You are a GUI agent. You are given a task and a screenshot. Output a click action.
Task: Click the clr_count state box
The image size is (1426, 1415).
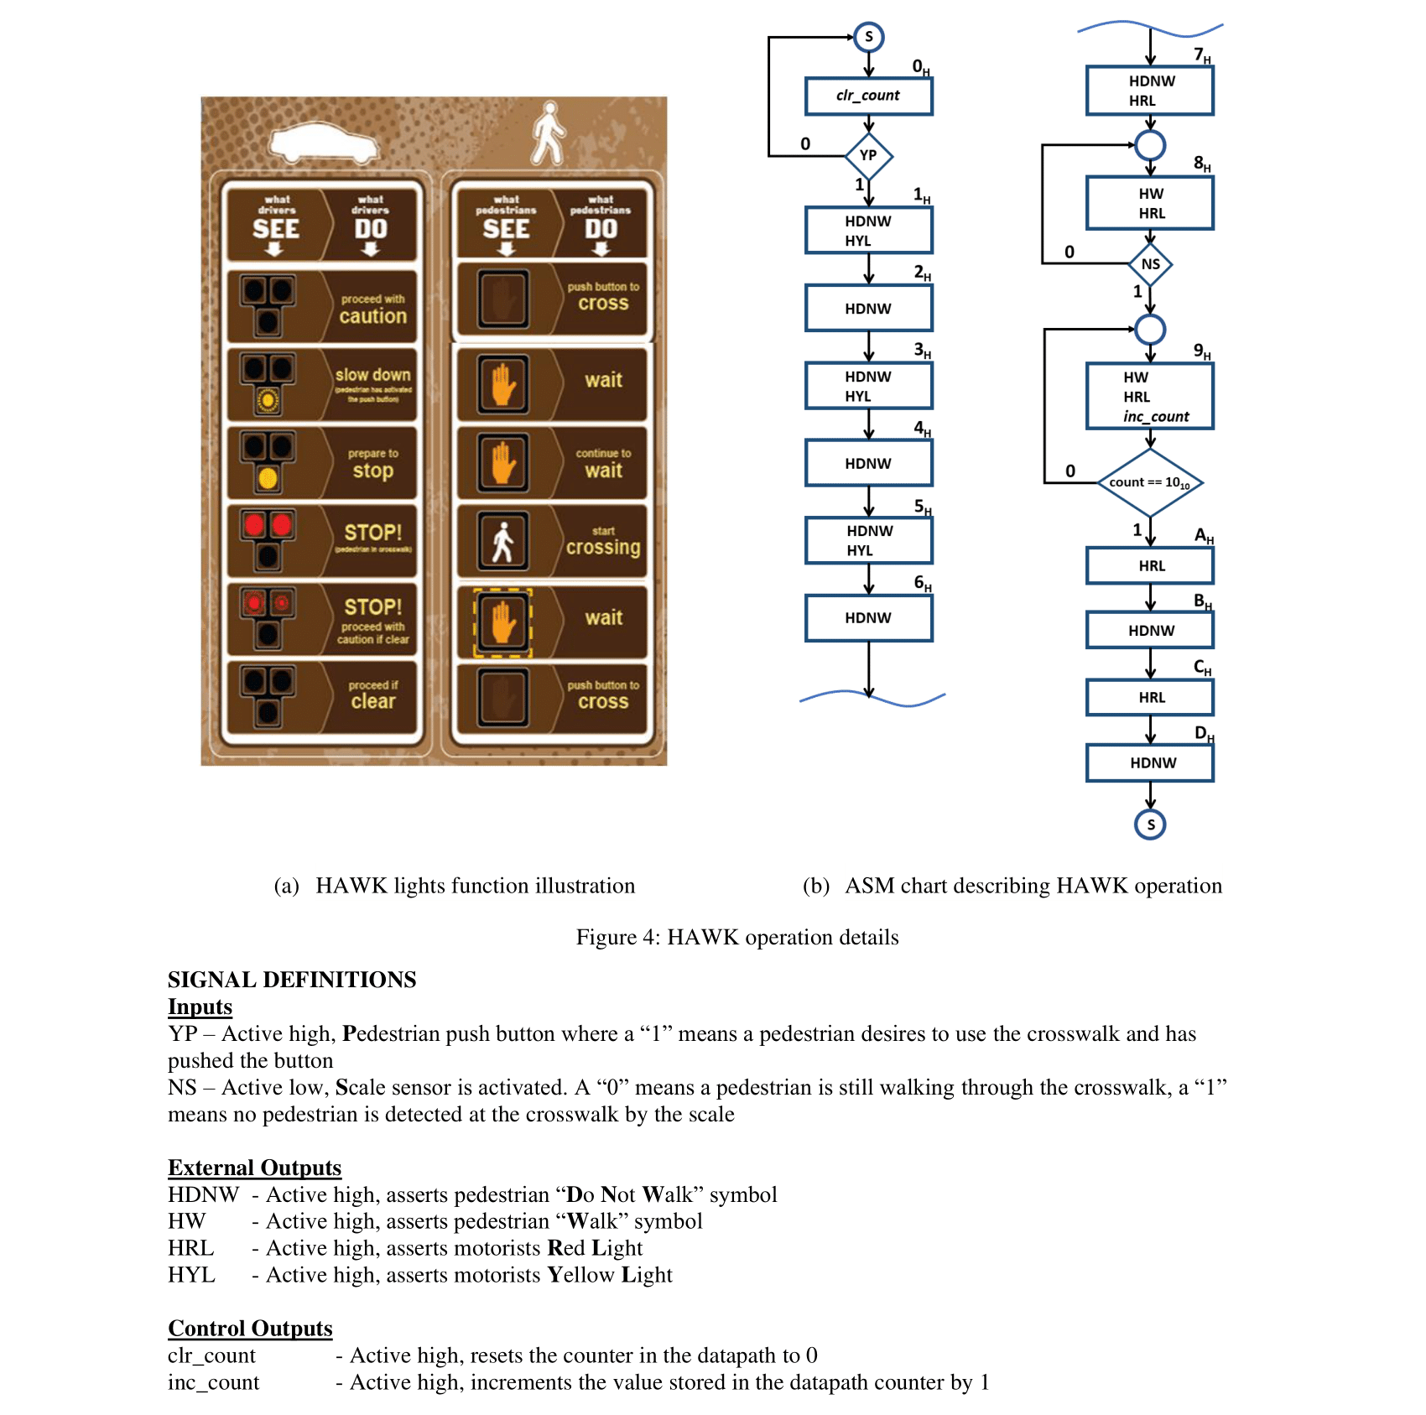868,96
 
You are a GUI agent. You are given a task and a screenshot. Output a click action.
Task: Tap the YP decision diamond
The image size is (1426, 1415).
868,156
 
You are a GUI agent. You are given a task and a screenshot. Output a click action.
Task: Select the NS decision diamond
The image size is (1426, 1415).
1150,264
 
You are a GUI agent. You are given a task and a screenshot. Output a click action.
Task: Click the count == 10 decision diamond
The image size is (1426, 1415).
1150,483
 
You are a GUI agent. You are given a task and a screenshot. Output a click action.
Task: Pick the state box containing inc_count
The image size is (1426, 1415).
1150,397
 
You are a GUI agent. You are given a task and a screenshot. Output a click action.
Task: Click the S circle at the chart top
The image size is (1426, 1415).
869,37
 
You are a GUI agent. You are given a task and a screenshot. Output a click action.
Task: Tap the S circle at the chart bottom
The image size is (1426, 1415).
1150,825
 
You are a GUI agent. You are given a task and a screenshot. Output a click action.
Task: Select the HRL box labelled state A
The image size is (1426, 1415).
1150,566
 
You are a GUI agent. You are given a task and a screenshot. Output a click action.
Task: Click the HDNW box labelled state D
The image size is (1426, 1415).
1150,763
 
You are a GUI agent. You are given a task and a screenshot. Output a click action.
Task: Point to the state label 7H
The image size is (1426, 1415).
1202,55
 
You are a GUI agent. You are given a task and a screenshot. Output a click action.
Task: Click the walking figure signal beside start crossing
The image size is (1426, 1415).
502,542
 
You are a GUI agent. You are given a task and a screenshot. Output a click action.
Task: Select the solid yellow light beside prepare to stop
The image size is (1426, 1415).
268,478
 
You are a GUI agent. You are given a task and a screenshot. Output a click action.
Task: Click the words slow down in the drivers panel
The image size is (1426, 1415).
372,375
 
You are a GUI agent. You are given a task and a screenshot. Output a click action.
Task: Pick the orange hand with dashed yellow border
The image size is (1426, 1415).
502,622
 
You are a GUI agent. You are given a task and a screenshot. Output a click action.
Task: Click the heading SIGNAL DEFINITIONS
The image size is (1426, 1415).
292,980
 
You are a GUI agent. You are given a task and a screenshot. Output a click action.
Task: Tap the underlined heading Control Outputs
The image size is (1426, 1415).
250,1329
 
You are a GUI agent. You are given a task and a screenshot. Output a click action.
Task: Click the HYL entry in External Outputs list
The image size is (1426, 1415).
191,1275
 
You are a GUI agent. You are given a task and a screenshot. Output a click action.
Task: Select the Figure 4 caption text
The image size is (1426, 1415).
736,937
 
